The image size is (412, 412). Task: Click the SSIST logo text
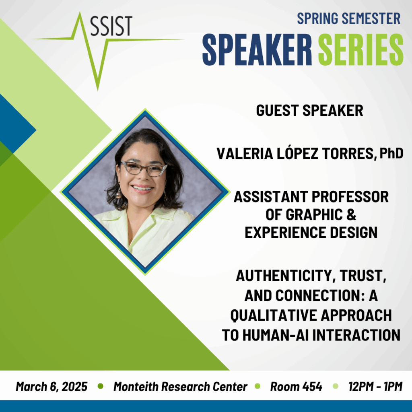[111, 26]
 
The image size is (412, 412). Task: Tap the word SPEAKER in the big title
[257, 49]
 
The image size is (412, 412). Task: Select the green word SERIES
[360, 49]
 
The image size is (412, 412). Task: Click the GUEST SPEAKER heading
[309, 110]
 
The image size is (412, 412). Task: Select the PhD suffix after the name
[391, 153]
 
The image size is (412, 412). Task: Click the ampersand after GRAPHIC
[351, 215]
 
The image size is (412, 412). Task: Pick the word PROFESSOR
[350, 197]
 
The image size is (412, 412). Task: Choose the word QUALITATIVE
[274, 315]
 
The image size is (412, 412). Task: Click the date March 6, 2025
[51, 387]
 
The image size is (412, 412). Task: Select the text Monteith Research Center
[180, 387]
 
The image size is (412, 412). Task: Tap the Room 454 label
[296, 387]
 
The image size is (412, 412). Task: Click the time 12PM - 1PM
[375, 387]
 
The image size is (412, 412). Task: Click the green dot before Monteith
[100, 386]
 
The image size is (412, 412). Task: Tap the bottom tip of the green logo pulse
[98, 90]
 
